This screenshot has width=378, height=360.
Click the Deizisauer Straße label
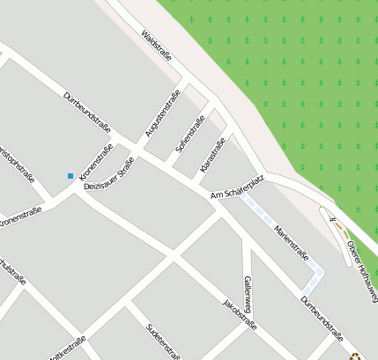(x=108, y=175)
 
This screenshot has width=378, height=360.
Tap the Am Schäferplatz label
(x=237, y=187)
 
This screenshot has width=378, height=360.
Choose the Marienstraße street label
(x=291, y=241)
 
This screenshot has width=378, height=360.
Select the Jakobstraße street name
(x=240, y=314)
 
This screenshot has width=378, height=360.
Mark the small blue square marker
(x=70, y=176)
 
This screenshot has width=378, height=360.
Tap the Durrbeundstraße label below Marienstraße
(x=322, y=318)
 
